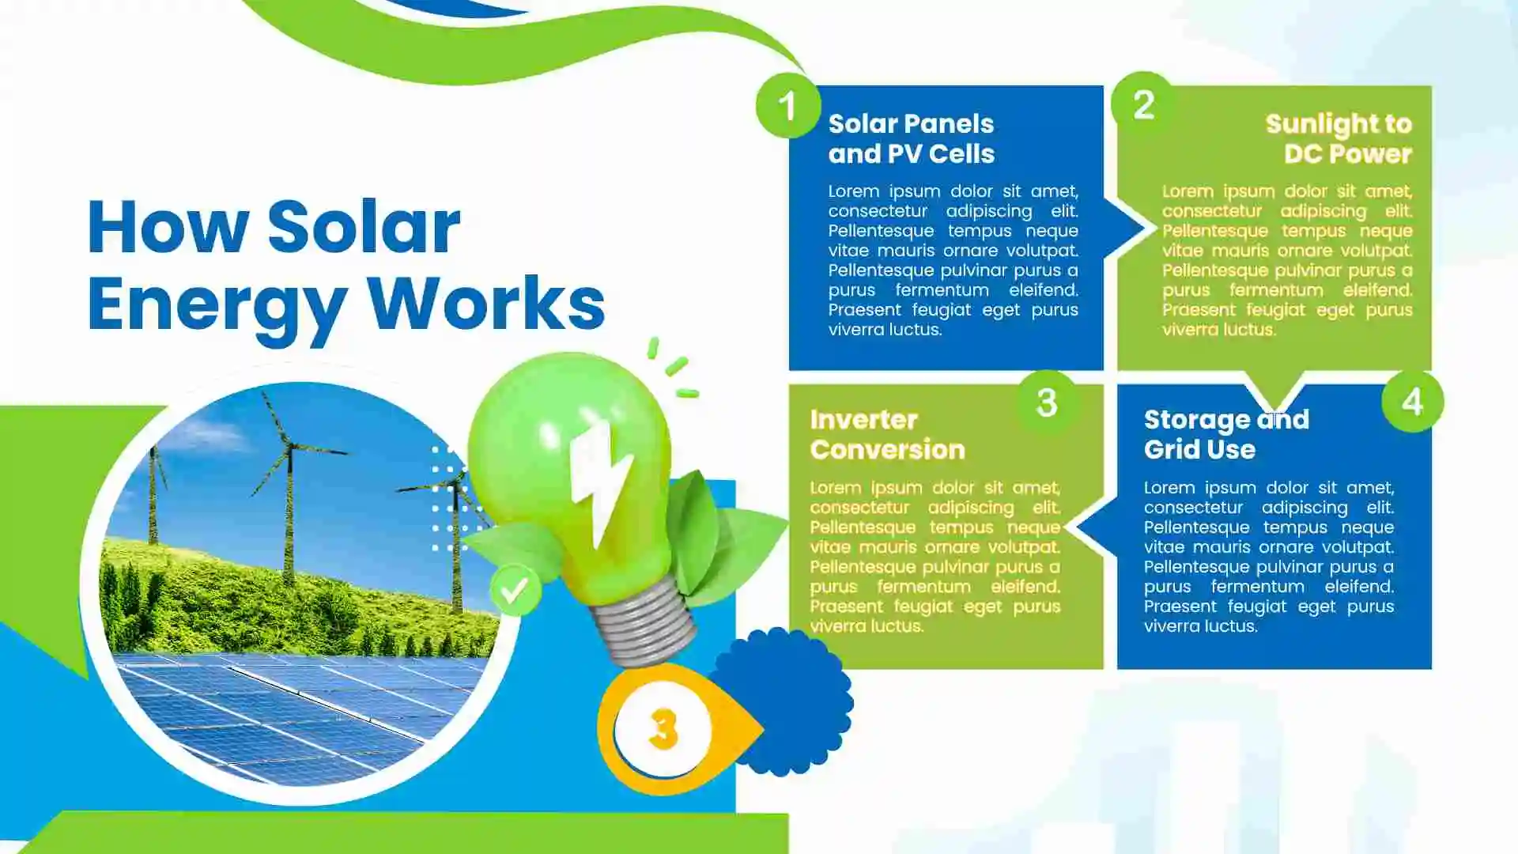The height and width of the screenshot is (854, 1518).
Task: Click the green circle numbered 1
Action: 787,105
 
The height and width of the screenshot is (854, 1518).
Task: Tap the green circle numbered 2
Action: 1143,104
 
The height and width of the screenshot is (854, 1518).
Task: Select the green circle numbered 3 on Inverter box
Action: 1047,402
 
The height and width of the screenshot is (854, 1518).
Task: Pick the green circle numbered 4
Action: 1412,402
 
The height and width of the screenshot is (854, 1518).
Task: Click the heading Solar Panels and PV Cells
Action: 911,138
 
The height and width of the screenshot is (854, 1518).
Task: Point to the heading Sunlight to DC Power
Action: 1339,138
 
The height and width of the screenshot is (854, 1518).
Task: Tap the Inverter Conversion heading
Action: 887,434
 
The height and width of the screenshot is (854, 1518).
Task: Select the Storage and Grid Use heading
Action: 1226,434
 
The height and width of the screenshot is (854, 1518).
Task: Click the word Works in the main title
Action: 485,304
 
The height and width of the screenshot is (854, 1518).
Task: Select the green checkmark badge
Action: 515,590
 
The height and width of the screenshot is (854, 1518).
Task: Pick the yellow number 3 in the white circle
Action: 663,728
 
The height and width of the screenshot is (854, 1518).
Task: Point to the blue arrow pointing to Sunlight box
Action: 1124,229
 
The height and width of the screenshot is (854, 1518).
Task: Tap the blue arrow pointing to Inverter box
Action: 1097,525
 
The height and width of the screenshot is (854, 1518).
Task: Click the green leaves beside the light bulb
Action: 719,538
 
